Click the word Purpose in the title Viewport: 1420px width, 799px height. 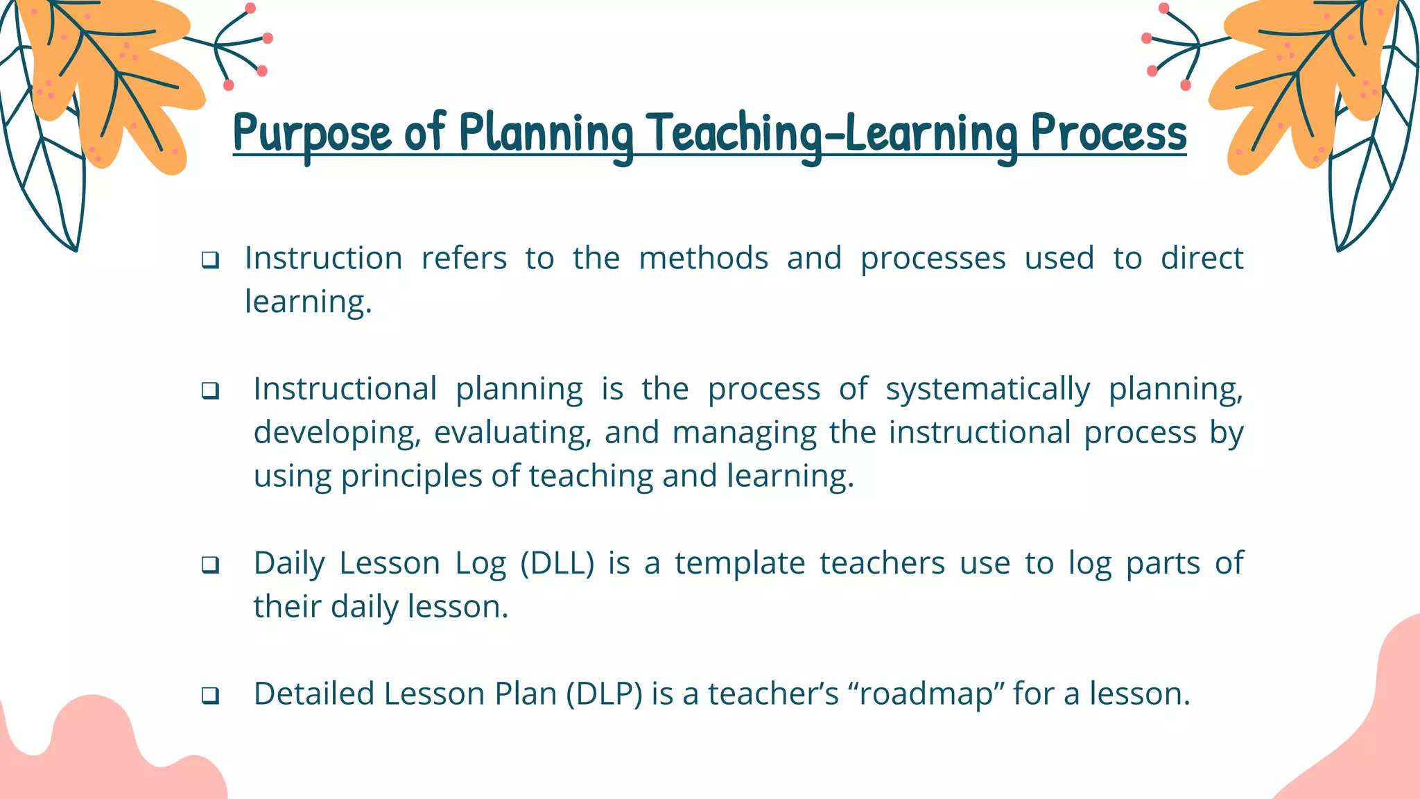pos(312,133)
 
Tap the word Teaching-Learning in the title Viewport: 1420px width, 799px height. pos(832,133)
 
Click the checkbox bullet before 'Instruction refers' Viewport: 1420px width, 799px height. pos(210,261)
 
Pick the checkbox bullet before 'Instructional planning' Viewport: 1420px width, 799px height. pos(210,391)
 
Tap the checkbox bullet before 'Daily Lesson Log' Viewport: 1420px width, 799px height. pos(210,565)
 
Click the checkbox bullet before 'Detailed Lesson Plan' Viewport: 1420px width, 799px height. pos(210,696)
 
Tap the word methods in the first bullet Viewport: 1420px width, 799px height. pos(703,259)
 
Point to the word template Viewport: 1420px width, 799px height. pos(739,563)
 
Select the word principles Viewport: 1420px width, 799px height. pos(411,476)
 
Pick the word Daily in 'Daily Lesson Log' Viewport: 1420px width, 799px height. pos(288,563)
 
